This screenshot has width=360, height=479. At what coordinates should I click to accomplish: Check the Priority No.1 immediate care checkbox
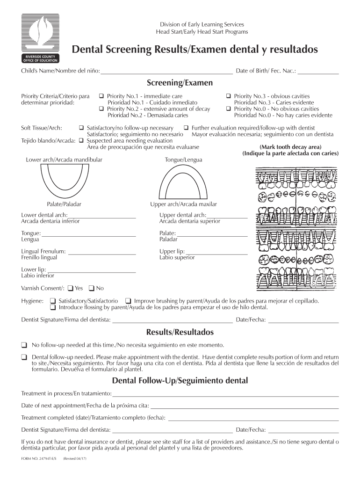tap(101, 96)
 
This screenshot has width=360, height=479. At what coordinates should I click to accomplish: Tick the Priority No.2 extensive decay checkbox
tap(101, 109)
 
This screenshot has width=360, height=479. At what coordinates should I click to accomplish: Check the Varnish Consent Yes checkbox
tap(71, 288)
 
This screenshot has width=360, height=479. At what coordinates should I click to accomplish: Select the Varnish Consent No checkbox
tap(92, 288)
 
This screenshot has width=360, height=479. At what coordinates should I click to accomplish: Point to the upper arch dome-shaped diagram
tap(183, 184)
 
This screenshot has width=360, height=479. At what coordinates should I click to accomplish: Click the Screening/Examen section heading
tap(180, 83)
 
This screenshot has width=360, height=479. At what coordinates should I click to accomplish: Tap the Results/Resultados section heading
tap(180, 332)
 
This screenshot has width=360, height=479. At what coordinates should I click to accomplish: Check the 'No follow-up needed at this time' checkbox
tap(24, 345)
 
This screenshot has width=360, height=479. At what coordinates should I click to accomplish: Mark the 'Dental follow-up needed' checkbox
tap(24, 357)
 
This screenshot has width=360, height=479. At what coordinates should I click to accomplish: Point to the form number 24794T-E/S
tap(39, 459)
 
